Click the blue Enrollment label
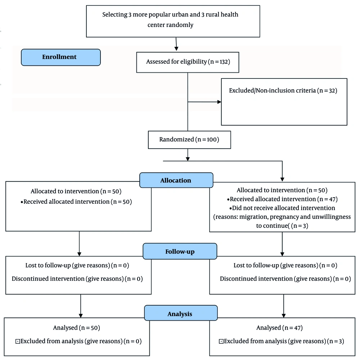coord(61,57)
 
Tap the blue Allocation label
coord(176,180)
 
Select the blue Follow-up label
coord(180,251)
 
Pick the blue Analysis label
coord(181,313)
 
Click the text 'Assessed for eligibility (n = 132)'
coord(188,62)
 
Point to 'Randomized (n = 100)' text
coord(189,140)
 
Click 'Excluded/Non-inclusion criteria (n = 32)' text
coord(283,90)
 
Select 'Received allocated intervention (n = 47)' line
coord(282,199)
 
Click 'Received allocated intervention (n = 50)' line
coord(76,202)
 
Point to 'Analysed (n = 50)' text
coord(76,328)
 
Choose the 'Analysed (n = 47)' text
coord(279,328)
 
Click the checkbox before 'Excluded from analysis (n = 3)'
coord(221,342)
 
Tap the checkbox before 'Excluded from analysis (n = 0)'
coord(18,342)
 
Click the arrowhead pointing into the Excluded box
coord(219,102)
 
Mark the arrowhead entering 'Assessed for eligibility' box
coord(176,49)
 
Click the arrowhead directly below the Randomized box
coord(188,159)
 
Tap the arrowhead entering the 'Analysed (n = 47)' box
coord(284,316)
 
